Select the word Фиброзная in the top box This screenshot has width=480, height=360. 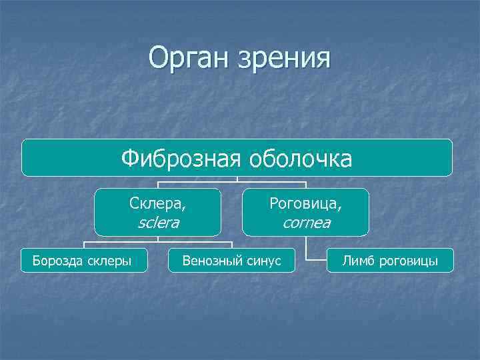coord(181,159)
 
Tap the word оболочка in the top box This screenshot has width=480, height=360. coord(300,159)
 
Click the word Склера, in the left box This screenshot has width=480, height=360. coord(158,203)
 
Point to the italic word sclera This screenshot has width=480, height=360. coord(158,223)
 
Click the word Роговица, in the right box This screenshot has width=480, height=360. coord(306,203)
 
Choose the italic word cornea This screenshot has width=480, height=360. coord(306,223)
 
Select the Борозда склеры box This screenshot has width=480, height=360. coord(84,261)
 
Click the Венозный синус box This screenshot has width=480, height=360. coord(232,261)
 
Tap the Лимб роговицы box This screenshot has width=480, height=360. coord(390,261)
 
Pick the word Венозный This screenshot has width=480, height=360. coord(209,261)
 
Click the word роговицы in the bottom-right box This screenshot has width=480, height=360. coord(408,261)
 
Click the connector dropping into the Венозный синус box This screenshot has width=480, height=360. coord(232,244)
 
